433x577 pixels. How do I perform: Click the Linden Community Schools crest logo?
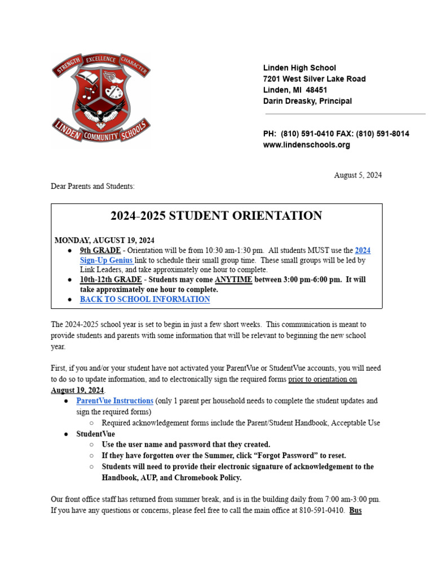101,100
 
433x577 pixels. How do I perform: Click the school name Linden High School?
299,68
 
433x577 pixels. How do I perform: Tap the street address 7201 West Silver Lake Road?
314,79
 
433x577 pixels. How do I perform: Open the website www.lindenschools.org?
306,145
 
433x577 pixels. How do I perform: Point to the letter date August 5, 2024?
357,175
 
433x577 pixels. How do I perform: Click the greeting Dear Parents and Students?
93,186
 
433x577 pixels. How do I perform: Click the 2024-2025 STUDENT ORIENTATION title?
216,216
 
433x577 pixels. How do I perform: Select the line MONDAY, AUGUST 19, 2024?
104,240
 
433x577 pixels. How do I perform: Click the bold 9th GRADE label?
100,250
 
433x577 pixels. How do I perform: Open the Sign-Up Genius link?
106,260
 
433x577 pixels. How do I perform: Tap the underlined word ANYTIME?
233,280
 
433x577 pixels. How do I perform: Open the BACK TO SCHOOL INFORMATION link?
145,300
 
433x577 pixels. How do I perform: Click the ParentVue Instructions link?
115,401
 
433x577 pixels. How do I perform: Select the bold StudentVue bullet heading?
95,434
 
